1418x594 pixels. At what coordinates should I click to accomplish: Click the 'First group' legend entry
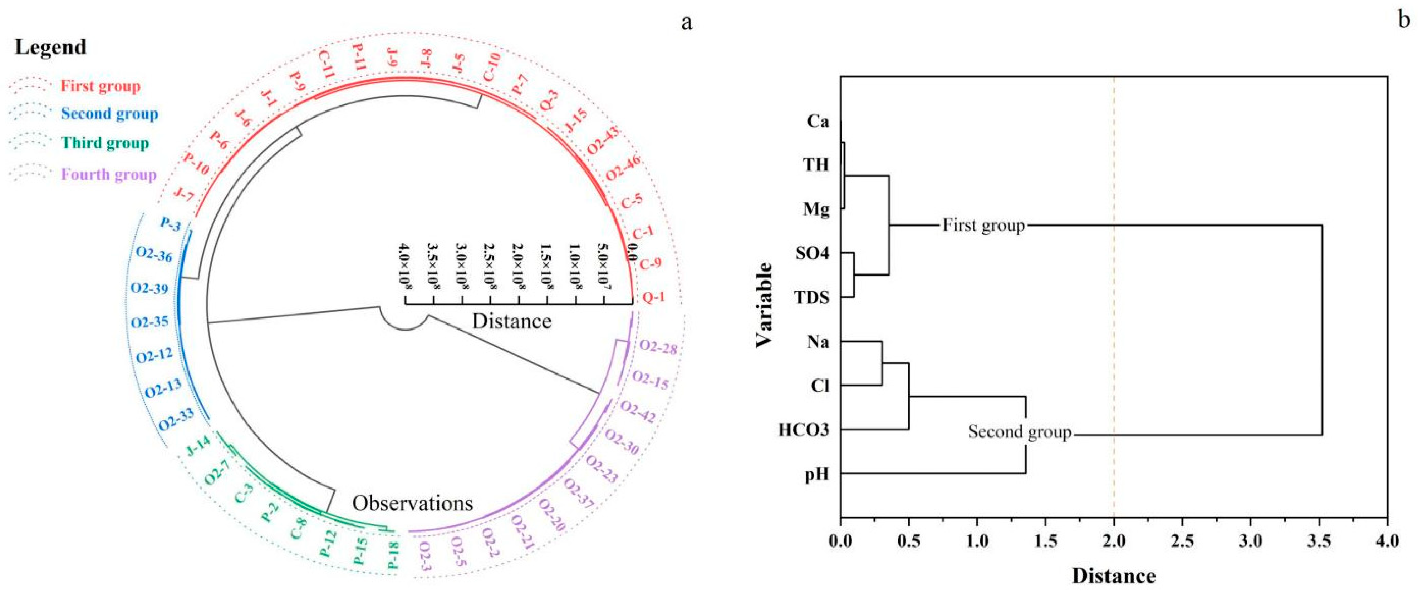100,86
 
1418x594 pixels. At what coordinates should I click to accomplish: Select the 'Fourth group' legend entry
108,175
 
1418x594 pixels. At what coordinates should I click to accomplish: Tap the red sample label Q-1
654,297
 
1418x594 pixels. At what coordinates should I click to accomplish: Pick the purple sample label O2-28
658,348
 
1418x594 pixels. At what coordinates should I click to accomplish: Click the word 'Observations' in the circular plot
412,503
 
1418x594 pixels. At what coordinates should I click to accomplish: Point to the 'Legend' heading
51,47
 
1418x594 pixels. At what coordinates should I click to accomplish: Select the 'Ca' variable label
818,121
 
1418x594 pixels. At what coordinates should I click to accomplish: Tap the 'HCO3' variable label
804,430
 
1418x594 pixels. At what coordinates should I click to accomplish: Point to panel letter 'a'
686,23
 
